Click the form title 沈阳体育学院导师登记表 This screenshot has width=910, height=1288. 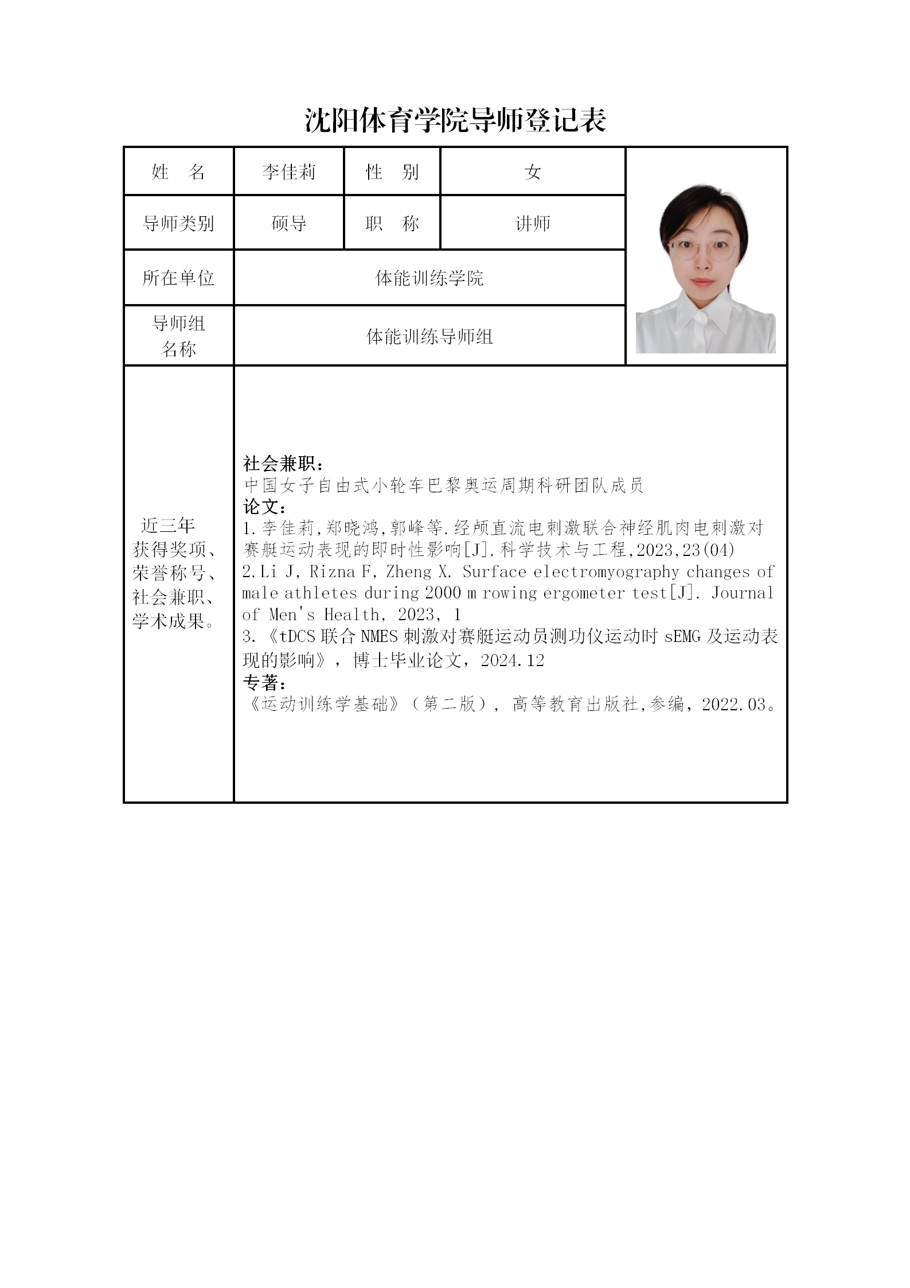coord(455,120)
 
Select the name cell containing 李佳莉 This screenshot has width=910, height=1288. coord(288,172)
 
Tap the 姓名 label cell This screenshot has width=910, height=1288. coord(178,172)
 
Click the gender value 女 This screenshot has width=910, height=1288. coord(532,172)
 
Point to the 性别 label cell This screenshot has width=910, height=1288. coord(392,172)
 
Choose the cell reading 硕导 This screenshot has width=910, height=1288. coord(288,223)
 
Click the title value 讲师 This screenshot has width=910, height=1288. coord(532,223)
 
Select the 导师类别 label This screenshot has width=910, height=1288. coord(178,223)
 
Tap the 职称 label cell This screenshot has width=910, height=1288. coord(392,223)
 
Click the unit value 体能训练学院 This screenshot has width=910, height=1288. coord(429,278)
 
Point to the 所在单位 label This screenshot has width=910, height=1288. coord(178,278)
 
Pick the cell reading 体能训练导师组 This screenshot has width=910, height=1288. coord(429,336)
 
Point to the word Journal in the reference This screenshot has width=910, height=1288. coord(743,593)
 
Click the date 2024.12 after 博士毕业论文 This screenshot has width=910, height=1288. coord(512,660)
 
